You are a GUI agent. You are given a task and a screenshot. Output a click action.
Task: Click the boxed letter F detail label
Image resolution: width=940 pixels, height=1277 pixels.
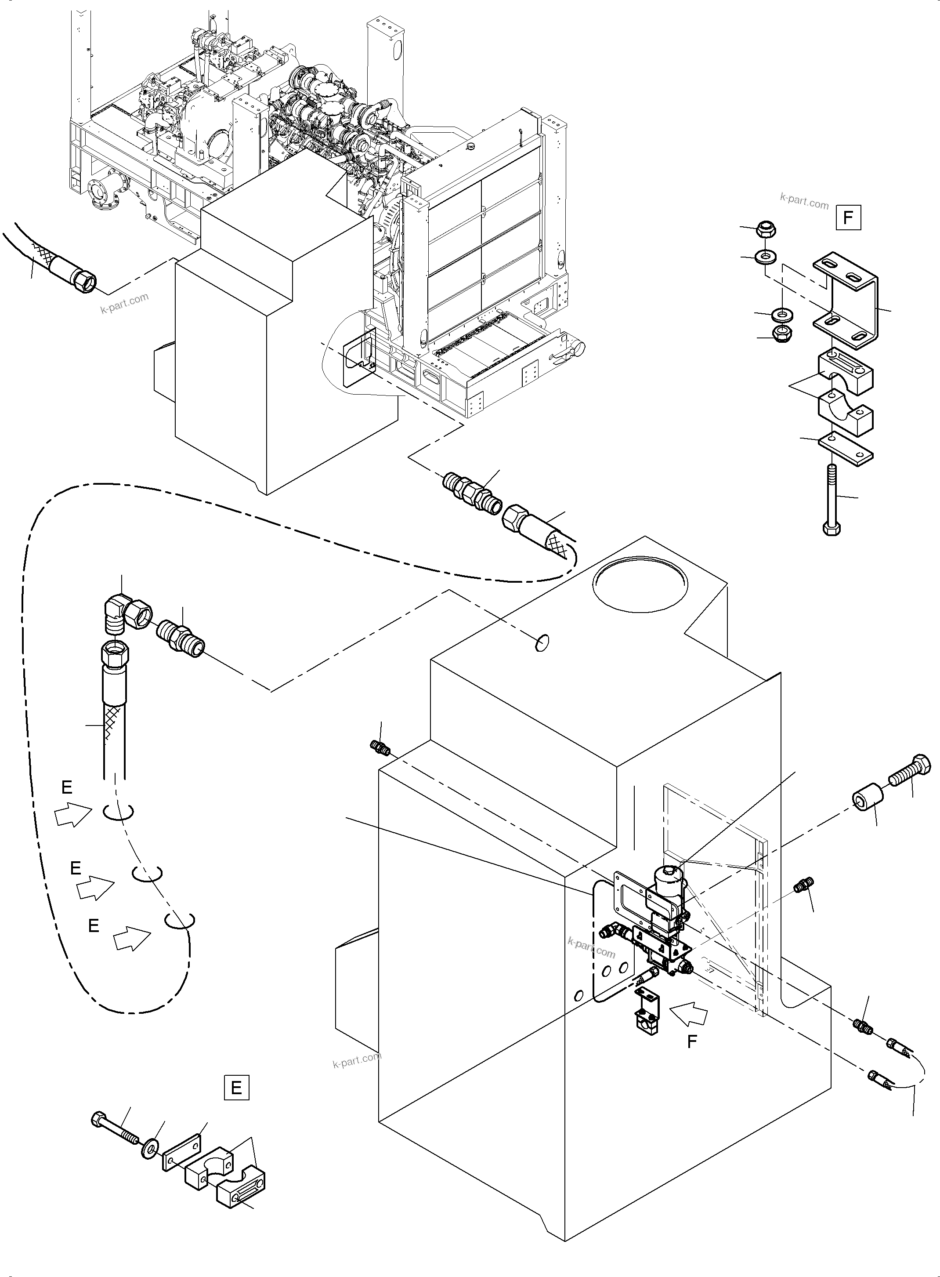[848, 218]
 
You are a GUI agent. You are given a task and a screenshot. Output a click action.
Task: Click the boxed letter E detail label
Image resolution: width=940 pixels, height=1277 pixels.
[236, 1088]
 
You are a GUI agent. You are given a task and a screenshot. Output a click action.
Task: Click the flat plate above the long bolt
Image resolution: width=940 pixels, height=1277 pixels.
[846, 449]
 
